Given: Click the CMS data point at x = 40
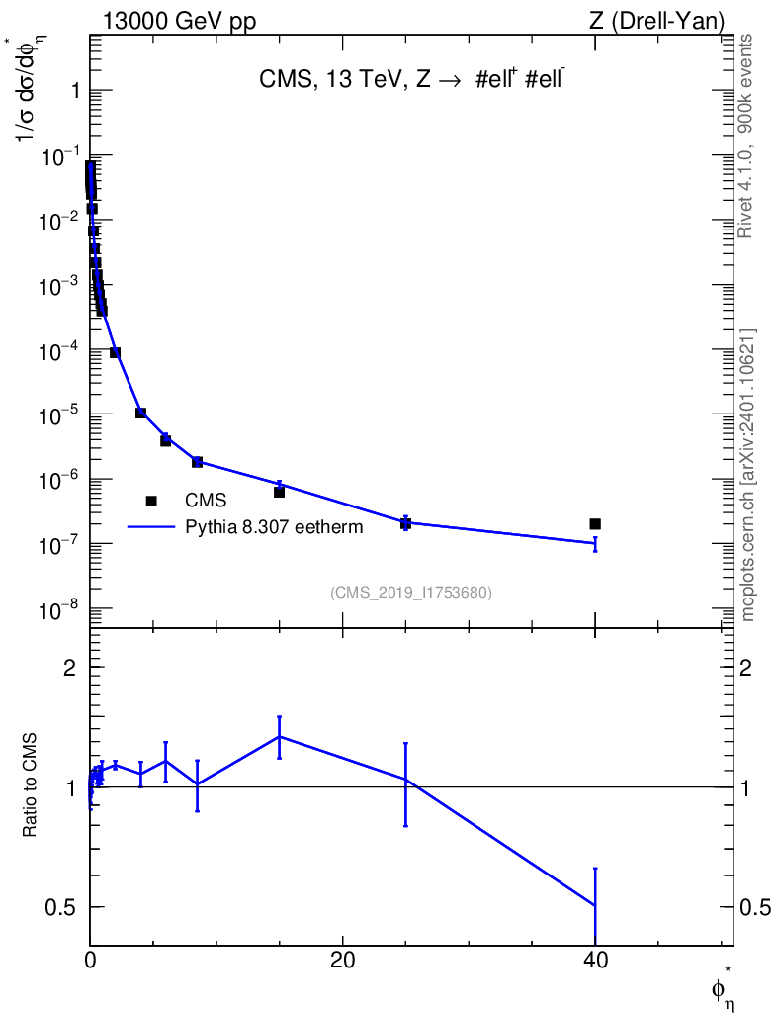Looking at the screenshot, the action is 595,524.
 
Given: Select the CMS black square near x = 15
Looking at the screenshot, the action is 280,492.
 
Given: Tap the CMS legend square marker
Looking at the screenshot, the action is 151,501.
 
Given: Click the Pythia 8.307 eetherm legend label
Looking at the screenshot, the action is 274,527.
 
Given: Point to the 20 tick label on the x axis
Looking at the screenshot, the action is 342,961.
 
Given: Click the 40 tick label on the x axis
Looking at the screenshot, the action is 595,961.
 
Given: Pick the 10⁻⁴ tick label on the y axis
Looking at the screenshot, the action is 58,352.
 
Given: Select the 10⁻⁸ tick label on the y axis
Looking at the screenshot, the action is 58,610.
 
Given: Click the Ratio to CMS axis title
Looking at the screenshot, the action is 30,784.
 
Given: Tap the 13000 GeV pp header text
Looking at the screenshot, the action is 180,22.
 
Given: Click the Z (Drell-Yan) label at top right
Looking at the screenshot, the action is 657,22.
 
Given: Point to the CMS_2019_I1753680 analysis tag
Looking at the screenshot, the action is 411,593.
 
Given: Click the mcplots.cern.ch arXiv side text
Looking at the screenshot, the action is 748,476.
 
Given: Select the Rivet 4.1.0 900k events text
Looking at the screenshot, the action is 745,137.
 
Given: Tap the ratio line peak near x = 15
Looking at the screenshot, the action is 280,736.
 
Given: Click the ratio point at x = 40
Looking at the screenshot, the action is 595,906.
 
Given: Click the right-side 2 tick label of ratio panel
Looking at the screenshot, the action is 745,667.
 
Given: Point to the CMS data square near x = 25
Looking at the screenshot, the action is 406,523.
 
